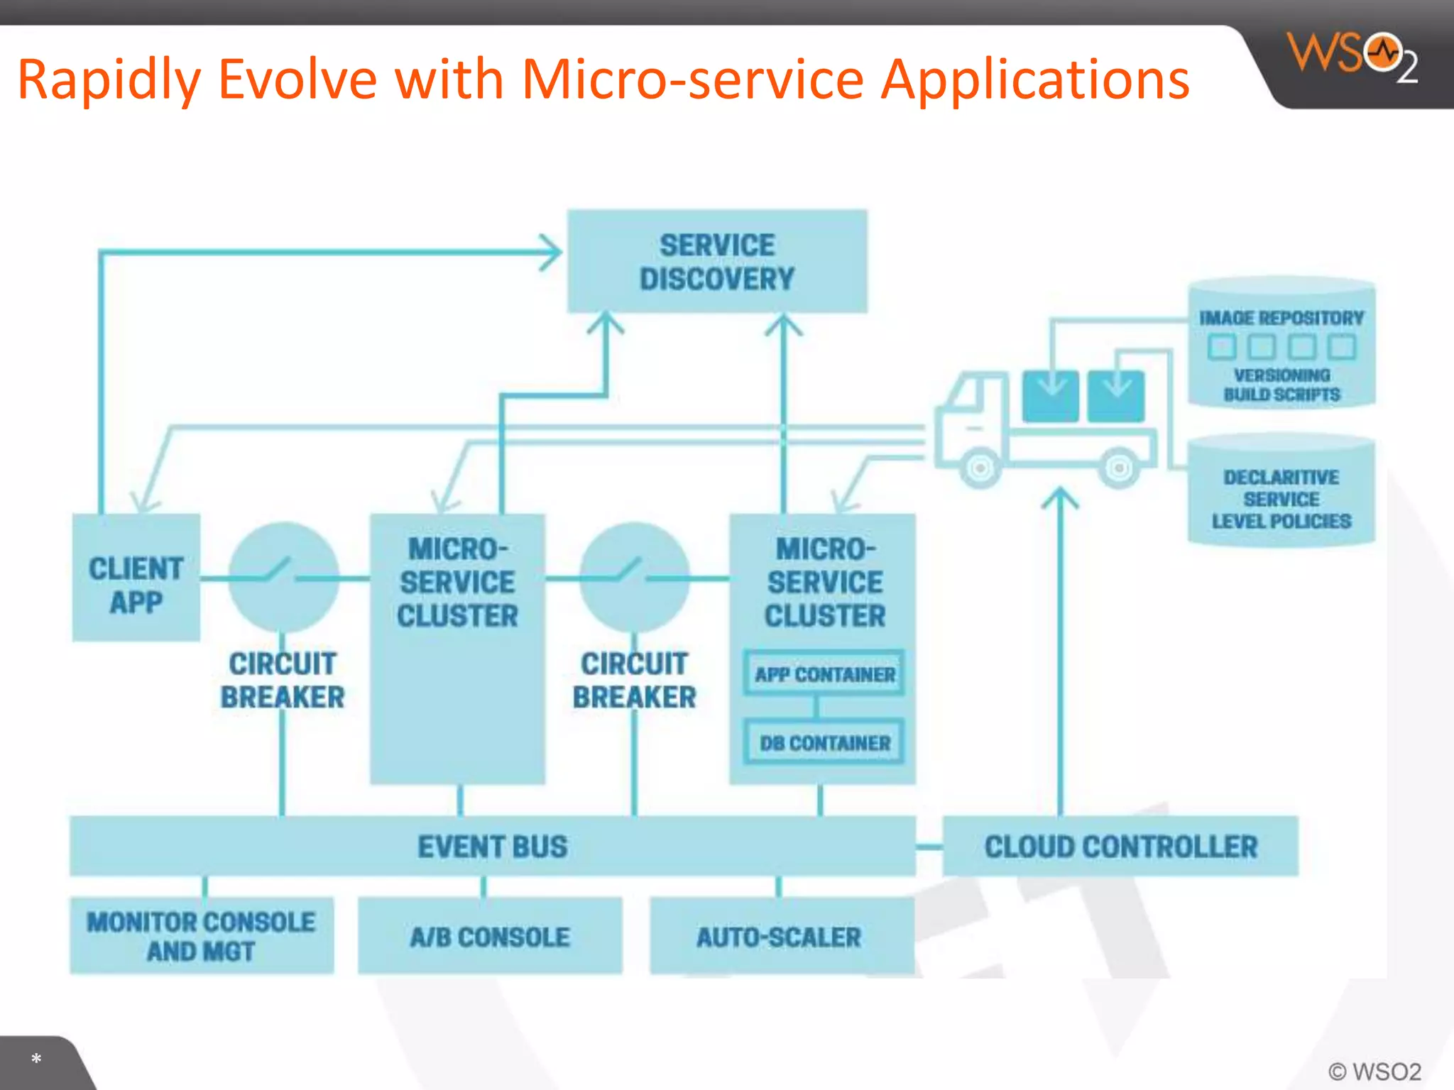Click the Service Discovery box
point(717,261)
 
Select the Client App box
point(136,578)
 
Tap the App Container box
point(824,673)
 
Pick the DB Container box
point(824,742)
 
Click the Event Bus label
point(492,847)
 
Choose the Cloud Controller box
point(1120,847)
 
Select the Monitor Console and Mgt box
point(202,936)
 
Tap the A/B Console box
point(490,937)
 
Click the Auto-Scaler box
point(780,937)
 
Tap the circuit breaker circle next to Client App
point(283,577)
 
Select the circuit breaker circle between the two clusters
point(634,577)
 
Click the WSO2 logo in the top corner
point(1352,57)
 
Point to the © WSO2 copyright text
point(1374,1071)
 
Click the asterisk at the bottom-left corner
point(36,1059)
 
